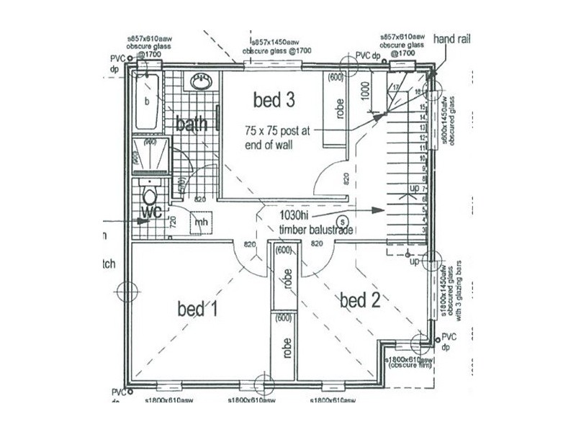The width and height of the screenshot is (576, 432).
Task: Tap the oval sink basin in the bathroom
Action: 200,83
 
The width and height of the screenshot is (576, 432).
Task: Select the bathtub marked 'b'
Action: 148,101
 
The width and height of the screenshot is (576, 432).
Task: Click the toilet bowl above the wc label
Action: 150,195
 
